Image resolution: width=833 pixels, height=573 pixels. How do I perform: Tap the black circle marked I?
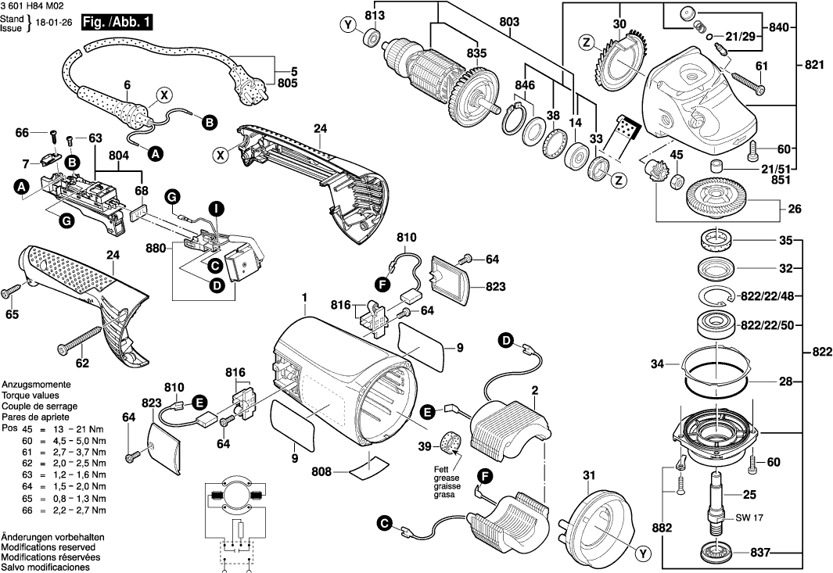[216, 207]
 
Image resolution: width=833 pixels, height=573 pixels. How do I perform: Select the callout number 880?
[156, 248]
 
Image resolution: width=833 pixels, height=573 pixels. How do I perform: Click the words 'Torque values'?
[30, 396]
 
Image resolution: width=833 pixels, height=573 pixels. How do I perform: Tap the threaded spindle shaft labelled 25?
[716, 499]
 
